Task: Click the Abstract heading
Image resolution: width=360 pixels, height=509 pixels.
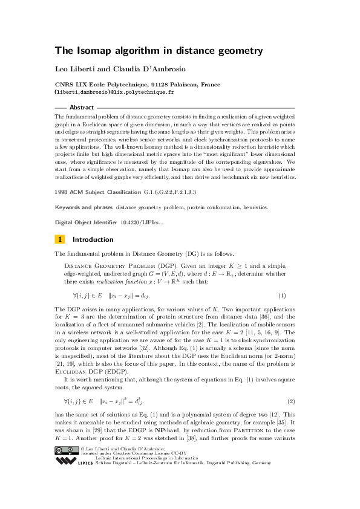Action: pyautogui.click(x=82, y=107)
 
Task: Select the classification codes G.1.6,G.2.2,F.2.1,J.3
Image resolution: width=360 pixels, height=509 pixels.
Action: pyautogui.click(x=171, y=191)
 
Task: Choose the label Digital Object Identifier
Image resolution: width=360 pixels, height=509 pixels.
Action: pyautogui.click(x=85, y=222)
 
